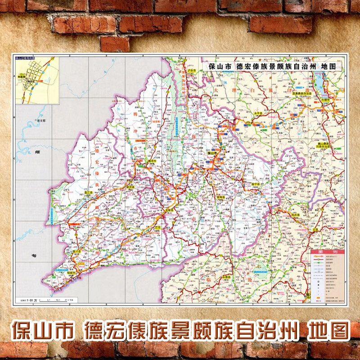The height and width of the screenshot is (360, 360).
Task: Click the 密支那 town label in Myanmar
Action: click(x=41, y=121)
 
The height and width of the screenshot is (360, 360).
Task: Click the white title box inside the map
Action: click(x=272, y=66)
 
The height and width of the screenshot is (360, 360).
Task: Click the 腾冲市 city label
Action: click(x=142, y=161)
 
